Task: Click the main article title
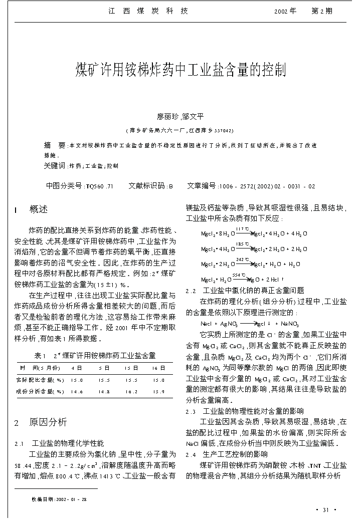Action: (181, 70)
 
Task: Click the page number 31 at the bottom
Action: (326, 509)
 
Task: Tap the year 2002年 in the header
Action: (285, 11)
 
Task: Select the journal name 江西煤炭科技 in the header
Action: (148, 11)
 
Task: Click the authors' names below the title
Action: (180, 116)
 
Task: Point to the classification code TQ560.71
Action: (99, 186)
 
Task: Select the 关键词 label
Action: (54, 165)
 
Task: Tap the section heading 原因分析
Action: (48, 422)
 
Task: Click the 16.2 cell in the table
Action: (132, 391)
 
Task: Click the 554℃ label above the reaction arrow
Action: (239, 275)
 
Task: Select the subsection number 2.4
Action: (191, 454)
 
